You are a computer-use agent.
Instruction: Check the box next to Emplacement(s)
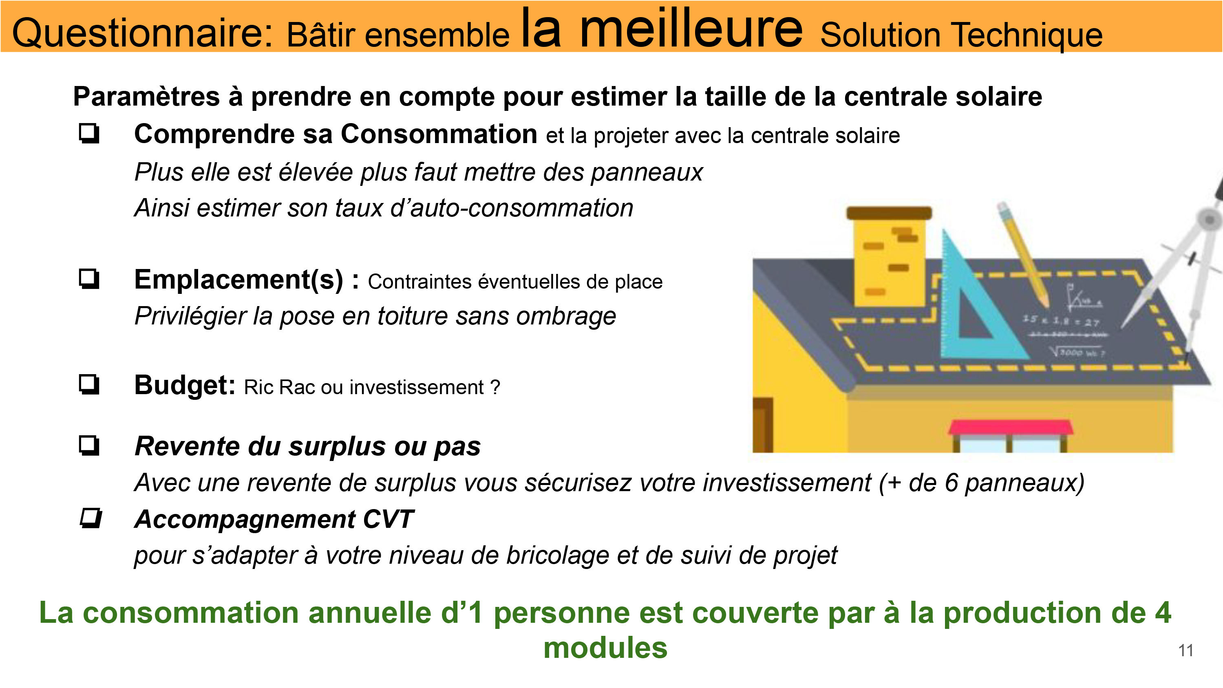(x=89, y=279)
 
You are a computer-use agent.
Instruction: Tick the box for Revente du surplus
(x=89, y=445)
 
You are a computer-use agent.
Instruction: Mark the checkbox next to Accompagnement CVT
(x=90, y=518)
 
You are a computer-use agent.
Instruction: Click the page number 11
(x=1185, y=650)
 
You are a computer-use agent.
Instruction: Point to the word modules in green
(x=605, y=648)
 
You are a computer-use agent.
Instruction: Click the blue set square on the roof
(x=973, y=309)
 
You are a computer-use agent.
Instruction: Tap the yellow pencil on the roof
(x=1023, y=251)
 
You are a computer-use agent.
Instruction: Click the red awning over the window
(x=1010, y=427)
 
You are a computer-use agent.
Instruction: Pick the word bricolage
(x=557, y=556)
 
